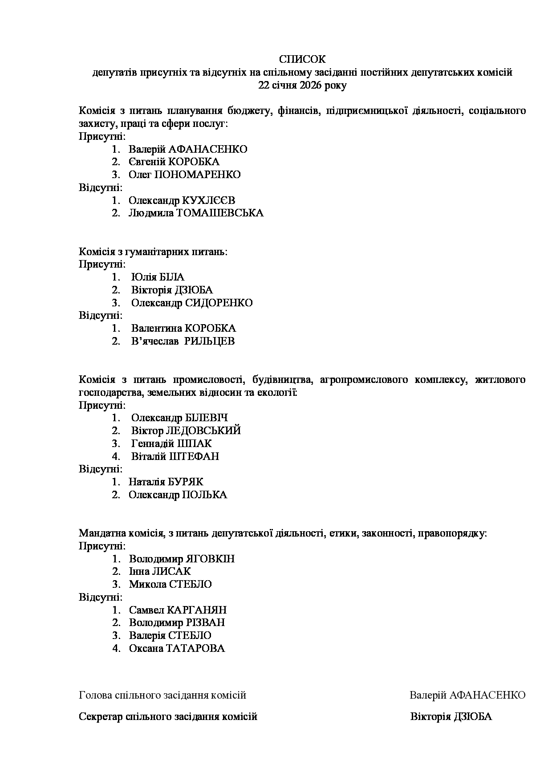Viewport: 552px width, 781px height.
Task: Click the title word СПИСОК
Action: pyautogui.click(x=302, y=59)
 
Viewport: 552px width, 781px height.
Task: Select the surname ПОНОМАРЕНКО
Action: pyautogui.click(x=197, y=175)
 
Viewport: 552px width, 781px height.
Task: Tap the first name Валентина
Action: pyautogui.click(x=156, y=329)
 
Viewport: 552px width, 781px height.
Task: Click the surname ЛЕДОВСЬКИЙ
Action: pyautogui.click(x=203, y=431)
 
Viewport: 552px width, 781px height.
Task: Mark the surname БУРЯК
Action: pyautogui.click(x=185, y=482)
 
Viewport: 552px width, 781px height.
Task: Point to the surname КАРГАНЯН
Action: pyautogui.click(x=196, y=610)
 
